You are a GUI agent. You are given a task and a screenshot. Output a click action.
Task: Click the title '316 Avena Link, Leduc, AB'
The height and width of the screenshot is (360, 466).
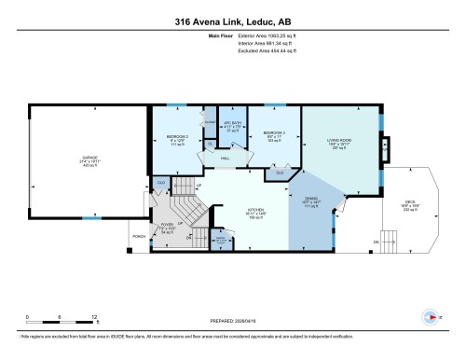coord(232,21)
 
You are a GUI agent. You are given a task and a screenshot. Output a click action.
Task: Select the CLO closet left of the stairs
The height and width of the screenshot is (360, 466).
coord(160,182)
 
